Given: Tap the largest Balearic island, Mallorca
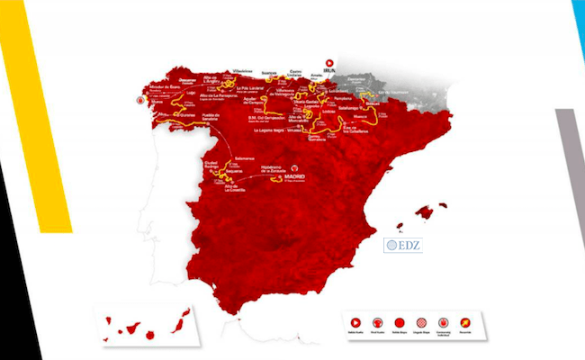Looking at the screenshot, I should coord(424,213).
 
